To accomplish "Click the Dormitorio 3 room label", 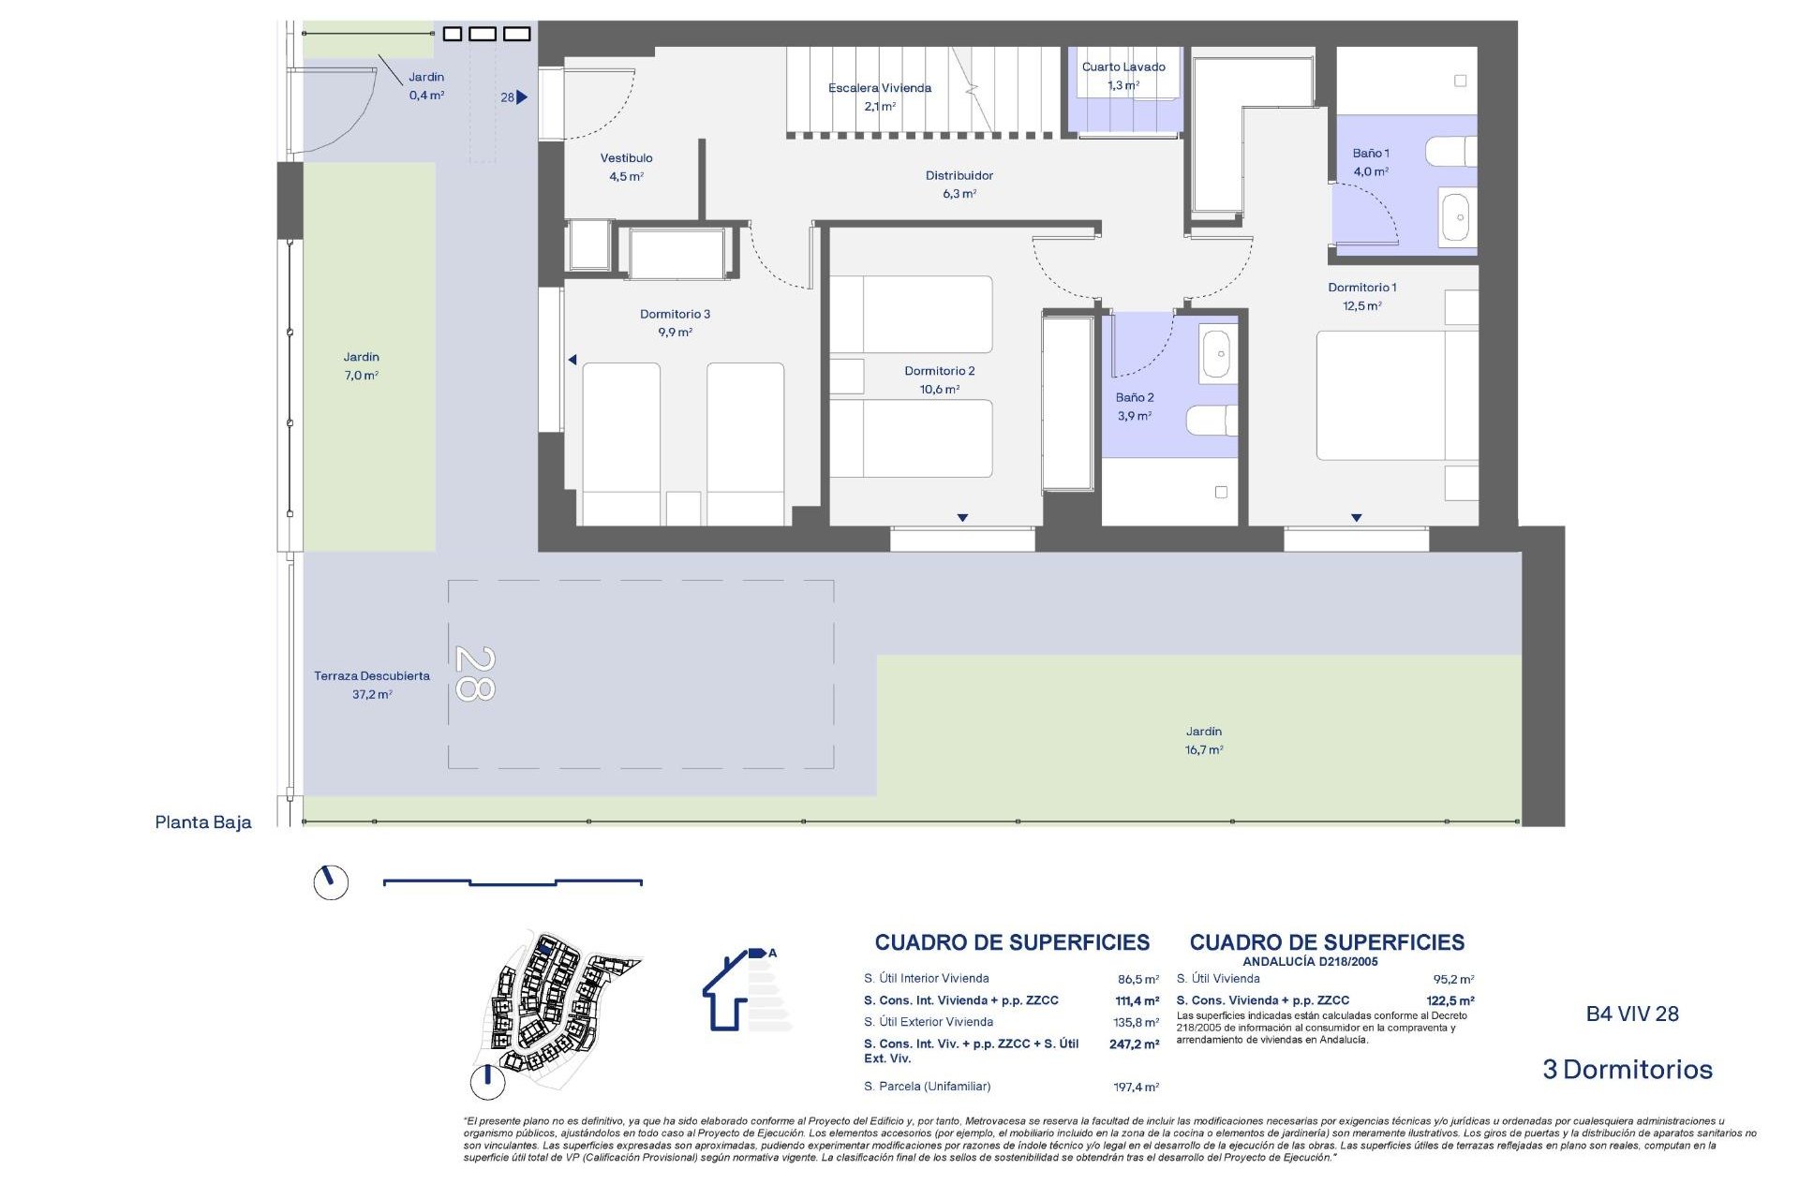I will pos(675,322).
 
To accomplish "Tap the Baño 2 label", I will pos(1134,406).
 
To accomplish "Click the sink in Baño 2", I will pos(1216,354).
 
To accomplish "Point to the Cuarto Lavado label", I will pos(1123,75).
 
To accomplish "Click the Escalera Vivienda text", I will pos(879,88).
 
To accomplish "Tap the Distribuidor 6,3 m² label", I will pos(959,184).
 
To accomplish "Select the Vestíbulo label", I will pos(626,167).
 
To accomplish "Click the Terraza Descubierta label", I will pos(371,684).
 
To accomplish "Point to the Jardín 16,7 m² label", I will pos(1203,740).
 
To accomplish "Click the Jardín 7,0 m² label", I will pos(361,365).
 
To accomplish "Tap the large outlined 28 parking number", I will pos(474,674).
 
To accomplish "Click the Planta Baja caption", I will pos(203,822).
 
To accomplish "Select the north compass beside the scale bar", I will pos(331,882).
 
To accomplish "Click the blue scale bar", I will pos(513,881).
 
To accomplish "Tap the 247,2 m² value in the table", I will pos(1134,1044).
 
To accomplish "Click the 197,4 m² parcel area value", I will pos(1136,1087).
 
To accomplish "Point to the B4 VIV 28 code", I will pos(1631,1014).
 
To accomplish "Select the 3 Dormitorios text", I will pos(1627,1069).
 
